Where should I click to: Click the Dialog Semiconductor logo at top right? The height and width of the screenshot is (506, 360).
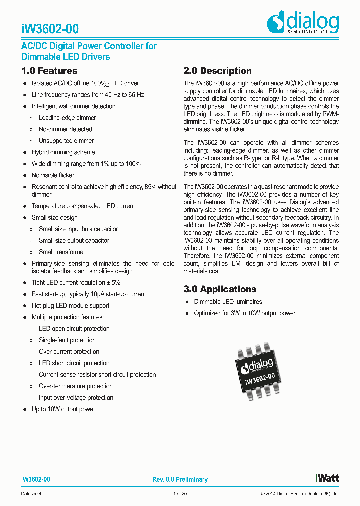coord(303,23)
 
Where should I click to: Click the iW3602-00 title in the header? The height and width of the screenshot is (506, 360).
coord(50,29)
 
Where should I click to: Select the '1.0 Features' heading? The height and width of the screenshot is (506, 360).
coord(49,71)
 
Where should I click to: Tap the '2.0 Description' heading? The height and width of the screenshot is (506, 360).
coord(217,71)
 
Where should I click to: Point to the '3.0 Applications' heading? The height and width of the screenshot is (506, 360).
coord(220,289)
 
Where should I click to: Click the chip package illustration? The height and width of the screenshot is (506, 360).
coord(258,370)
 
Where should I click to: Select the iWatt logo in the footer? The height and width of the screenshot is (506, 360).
coord(327,478)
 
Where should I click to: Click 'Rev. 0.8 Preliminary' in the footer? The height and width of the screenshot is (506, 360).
coord(180,480)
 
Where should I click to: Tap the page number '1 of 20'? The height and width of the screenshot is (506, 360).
coord(180,494)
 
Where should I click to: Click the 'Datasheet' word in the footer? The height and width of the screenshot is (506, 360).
coord(31,494)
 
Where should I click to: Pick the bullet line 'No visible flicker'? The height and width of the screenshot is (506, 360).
coord(53,175)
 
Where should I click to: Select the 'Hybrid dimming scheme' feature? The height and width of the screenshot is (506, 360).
coord(63,152)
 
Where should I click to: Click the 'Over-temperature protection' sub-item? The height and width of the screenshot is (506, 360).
coord(76,386)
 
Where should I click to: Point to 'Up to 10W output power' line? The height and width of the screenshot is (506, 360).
coord(63,409)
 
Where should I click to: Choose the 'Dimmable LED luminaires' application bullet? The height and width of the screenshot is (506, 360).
coord(228,302)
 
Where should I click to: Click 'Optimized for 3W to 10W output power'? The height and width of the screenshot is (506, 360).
coord(245,313)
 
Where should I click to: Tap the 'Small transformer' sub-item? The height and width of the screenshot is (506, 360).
coord(62,252)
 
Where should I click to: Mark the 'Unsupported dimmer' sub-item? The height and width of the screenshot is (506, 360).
coord(66,141)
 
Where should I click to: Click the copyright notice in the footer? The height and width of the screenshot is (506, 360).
coord(299,494)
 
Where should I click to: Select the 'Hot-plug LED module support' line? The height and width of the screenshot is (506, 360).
coord(70,306)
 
